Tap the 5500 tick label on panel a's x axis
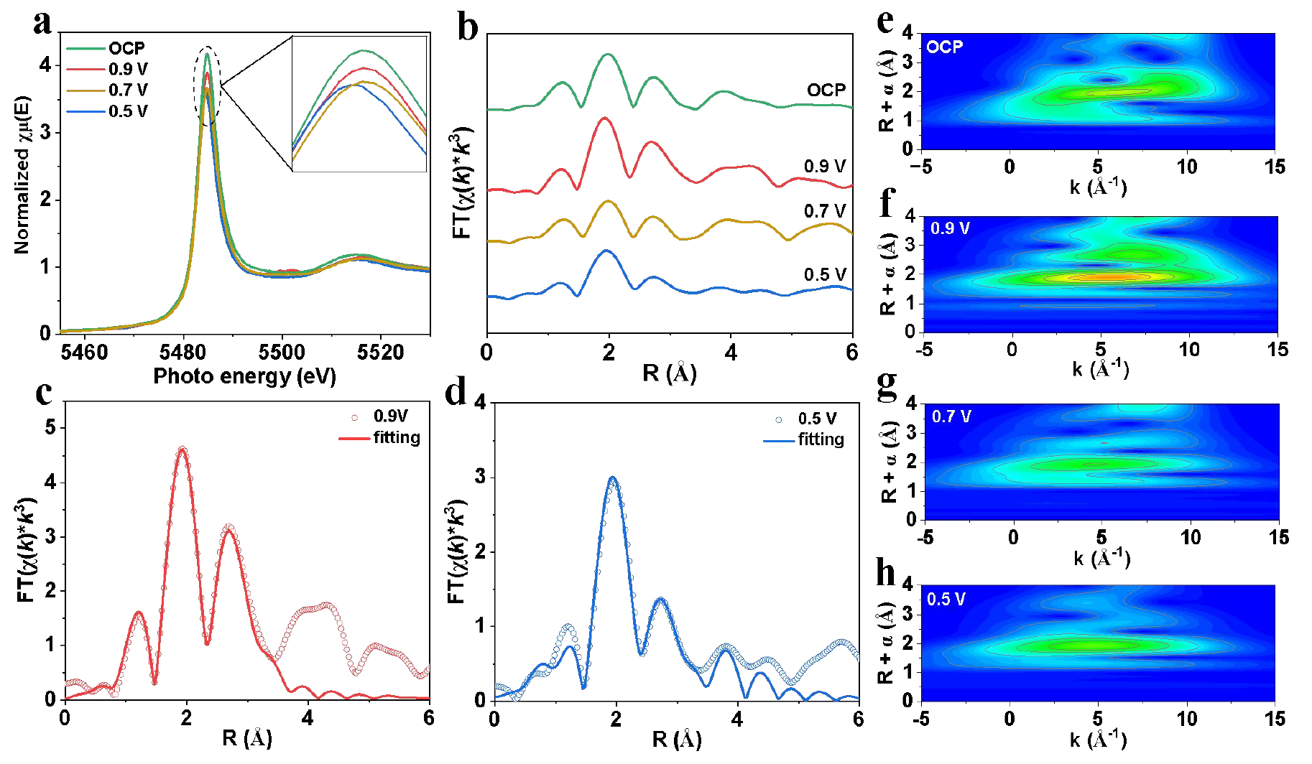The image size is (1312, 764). [x=282, y=353]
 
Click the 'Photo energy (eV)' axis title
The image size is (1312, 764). [x=244, y=376]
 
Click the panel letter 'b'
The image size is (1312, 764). [x=468, y=29]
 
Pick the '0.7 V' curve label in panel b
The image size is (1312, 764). [x=824, y=211]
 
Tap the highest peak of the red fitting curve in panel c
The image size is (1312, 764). [x=183, y=450]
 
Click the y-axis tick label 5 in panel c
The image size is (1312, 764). [x=50, y=428]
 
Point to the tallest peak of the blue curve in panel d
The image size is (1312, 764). [x=612, y=478]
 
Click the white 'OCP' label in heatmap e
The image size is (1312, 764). [x=944, y=47]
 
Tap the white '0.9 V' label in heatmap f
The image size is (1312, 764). [x=950, y=229]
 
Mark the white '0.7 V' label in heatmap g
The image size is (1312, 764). [x=951, y=416]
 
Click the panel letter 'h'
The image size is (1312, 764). [x=886, y=573]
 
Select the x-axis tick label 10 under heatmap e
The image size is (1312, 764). [x=1186, y=167]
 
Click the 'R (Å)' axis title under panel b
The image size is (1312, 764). [x=669, y=373]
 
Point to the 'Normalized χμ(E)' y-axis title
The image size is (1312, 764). [x=23, y=174]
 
